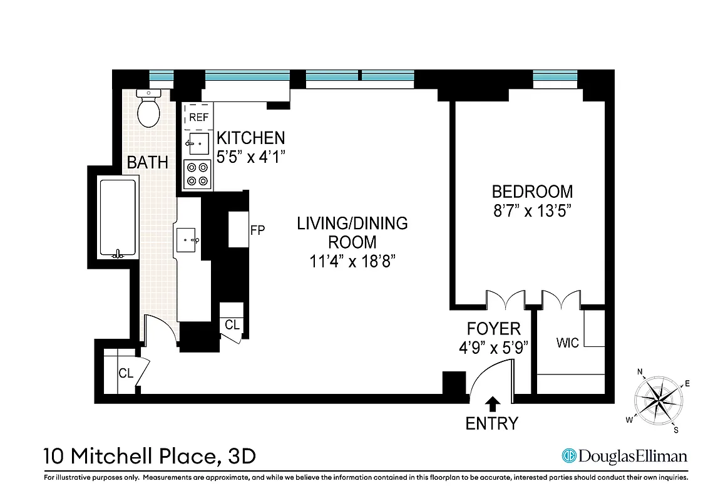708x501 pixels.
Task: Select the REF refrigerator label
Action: [198, 117]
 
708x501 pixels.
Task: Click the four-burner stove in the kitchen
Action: [198, 174]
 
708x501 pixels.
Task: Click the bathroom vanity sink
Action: [188, 239]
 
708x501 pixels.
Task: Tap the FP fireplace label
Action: [257, 230]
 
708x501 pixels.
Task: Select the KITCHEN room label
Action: [250, 138]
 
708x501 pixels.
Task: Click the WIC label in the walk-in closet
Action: [567, 343]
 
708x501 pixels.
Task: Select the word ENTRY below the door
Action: [492, 424]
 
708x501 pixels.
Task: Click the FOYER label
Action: [493, 329]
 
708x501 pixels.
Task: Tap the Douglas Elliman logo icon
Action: [568, 456]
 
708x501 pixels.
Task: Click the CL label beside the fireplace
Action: [232, 325]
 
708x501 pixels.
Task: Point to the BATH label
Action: [148, 163]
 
